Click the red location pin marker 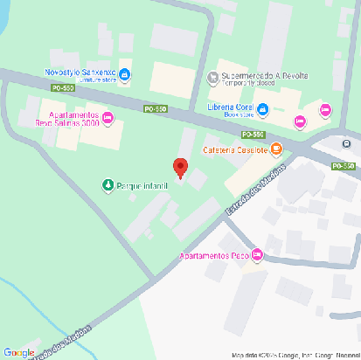tap(180, 167)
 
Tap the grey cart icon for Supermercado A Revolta tap(212, 78)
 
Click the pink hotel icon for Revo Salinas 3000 tap(108, 118)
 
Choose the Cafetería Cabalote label tap(234, 149)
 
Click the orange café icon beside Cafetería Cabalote tap(275, 149)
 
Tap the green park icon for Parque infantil tap(108, 184)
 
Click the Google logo tap(18, 352)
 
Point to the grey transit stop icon tap(347, 144)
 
